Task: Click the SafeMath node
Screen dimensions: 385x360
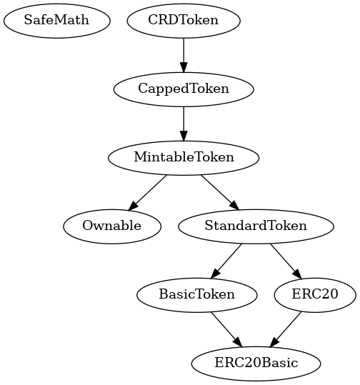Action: tap(56, 20)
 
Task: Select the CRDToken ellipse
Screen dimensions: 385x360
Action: tap(184, 20)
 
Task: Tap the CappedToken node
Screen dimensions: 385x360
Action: tap(184, 89)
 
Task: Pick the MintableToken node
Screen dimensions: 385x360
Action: tap(184, 157)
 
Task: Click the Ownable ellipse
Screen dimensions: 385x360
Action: tap(111, 226)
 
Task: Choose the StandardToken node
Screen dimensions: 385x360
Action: tap(255, 226)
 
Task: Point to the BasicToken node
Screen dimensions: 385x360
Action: tap(196, 294)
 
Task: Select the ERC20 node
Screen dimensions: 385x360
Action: tap(314, 294)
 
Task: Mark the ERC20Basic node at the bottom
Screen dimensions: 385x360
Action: tap(256, 363)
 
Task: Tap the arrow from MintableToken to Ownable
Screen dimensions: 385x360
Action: tap(149, 191)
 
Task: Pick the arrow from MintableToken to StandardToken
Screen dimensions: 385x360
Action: tap(219, 191)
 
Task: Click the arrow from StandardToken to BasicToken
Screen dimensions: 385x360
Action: tap(226, 259)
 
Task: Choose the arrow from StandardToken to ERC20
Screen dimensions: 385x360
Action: tap(284, 259)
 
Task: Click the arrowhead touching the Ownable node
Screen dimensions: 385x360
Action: tap(134, 206)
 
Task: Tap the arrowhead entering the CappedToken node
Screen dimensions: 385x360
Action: tap(184, 68)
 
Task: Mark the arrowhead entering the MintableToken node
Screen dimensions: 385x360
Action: tap(184, 136)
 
